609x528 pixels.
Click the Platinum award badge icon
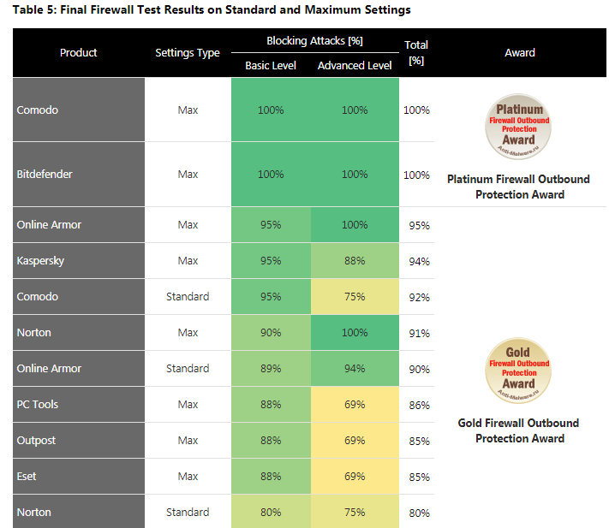(519, 127)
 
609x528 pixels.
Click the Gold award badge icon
(519, 370)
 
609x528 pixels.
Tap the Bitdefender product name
(45, 175)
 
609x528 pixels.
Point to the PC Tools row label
(38, 405)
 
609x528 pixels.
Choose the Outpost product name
(36, 441)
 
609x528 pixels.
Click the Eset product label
(27, 477)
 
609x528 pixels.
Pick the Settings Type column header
(188, 53)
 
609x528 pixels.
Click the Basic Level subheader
(271, 65)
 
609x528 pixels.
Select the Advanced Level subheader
(355, 65)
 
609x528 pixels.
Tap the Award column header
(520, 53)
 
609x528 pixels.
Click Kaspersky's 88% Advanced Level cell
(355, 261)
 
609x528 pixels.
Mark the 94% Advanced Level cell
(355, 369)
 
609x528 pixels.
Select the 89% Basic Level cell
(271, 369)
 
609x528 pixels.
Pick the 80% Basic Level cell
(271, 513)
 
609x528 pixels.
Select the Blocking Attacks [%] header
(313, 41)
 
